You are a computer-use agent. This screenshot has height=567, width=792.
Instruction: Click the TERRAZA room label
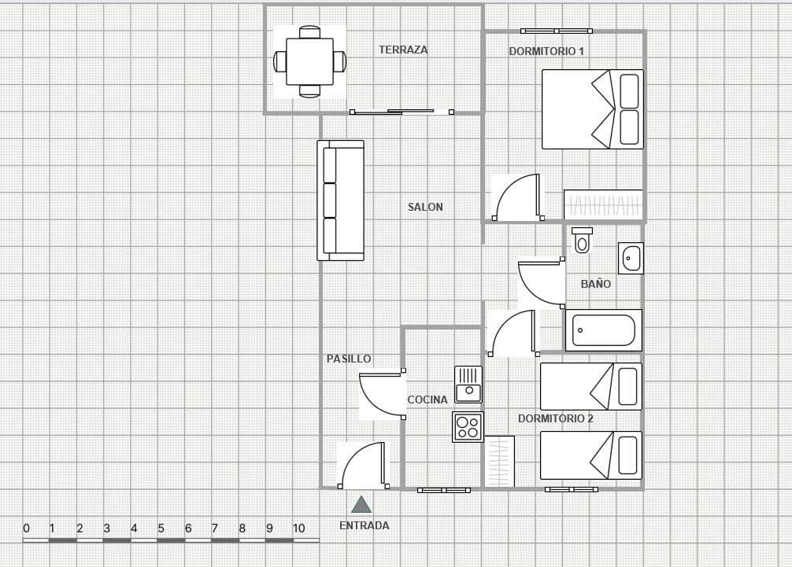click(x=403, y=50)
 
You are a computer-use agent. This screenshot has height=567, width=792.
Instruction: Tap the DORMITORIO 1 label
click(x=546, y=51)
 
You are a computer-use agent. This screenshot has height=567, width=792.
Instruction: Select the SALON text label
click(x=425, y=207)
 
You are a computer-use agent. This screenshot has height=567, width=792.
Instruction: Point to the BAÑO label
click(x=595, y=284)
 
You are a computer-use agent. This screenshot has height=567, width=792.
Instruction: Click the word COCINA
click(x=427, y=399)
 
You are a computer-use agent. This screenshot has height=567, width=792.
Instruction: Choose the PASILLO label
click(x=349, y=359)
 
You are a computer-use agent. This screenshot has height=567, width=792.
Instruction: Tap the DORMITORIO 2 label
click(x=556, y=418)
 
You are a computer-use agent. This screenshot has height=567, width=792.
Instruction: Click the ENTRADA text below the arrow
click(x=364, y=525)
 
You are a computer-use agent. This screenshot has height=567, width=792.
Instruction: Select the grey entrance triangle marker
click(x=361, y=505)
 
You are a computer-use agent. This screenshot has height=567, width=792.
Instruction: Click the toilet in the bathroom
click(x=582, y=240)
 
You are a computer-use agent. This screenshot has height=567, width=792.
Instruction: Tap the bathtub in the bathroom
click(x=604, y=330)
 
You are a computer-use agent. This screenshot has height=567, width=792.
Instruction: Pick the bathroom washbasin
click(x=631, y=258)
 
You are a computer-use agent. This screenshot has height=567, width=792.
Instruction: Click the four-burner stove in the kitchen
click(x=468, y=427)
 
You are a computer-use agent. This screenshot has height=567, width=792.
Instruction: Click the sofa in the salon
click(x=340, y=201)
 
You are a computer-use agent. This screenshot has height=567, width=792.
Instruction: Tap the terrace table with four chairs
click(x=309, y=61)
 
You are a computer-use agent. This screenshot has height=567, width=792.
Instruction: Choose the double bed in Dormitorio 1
click(x=592, y=109)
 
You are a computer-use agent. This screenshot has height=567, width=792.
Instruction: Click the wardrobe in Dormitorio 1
click(x=603, y=205)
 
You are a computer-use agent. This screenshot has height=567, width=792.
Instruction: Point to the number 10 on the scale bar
click(x=298, y=528)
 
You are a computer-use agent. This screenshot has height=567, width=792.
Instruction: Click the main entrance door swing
click(x=363, y=466)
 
